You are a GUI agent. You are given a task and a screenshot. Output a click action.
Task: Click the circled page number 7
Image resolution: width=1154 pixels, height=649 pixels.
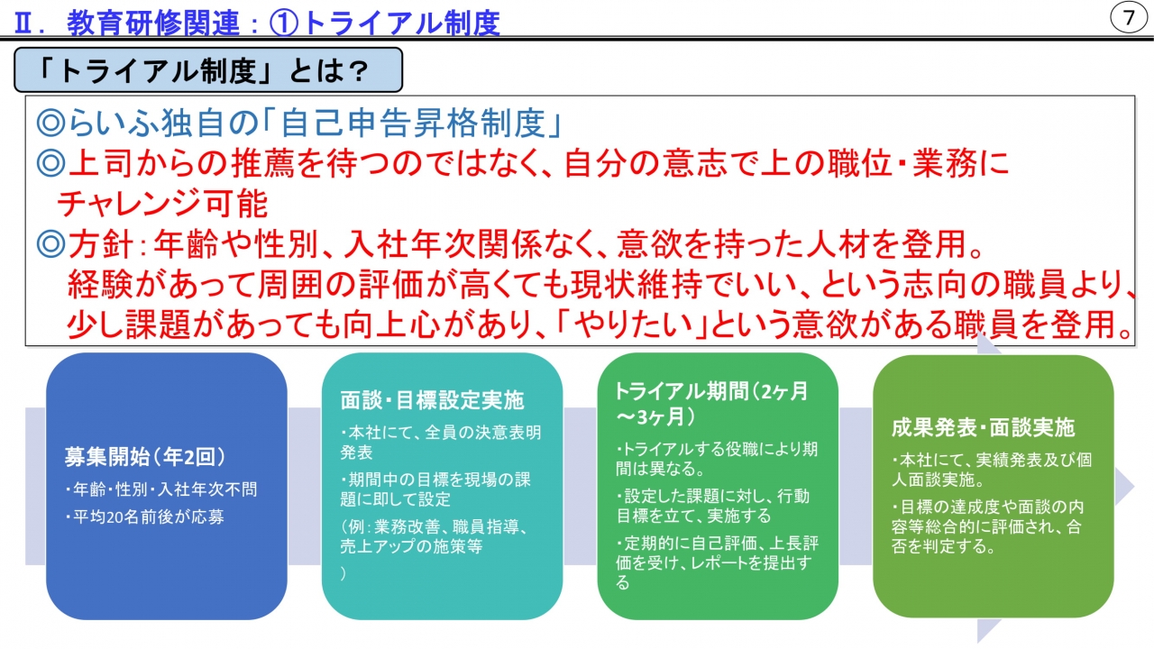coord(1128,17)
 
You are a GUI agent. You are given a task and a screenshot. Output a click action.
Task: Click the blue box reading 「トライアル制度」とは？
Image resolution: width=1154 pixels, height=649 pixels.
coord(208,70)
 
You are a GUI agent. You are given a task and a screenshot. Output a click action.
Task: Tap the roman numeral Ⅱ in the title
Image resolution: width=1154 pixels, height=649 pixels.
coord(23,23)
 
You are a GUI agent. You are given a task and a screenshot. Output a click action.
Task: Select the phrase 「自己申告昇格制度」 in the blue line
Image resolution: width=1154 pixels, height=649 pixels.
coord(412,123)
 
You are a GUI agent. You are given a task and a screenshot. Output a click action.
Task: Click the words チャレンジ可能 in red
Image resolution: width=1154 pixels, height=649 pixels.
coord(163,204)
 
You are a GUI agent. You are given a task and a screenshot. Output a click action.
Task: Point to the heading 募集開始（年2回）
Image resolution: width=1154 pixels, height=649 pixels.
coord(145,456)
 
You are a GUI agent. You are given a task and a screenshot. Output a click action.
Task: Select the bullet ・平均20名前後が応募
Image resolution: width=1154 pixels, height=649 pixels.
coord(144,516)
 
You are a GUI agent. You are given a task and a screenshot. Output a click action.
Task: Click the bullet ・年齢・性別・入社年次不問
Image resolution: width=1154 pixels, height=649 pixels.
coord(160,489)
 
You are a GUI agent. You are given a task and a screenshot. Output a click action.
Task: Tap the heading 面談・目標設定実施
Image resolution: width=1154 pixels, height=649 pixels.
coord(432,399)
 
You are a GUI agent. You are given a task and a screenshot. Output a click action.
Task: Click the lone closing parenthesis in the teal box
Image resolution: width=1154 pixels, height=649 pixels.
coord(343,573)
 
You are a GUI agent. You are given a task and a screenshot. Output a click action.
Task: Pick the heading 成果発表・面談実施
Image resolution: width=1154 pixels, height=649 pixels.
coord(983,427)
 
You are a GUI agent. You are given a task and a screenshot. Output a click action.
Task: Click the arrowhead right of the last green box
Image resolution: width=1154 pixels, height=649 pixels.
coord(1124,486)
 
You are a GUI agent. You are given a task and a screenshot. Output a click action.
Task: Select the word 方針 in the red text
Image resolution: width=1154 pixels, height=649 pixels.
coord(101,244)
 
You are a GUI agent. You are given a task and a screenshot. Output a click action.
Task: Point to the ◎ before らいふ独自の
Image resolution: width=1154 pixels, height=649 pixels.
coord(50,123)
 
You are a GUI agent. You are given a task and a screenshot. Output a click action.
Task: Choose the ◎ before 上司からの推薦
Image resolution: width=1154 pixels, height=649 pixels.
coord(50,163)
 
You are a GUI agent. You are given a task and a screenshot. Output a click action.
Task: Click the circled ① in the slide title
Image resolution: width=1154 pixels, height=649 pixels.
coord(284,23)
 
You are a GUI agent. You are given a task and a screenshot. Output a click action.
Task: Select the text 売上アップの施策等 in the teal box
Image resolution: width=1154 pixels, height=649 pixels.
coord(411,546)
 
